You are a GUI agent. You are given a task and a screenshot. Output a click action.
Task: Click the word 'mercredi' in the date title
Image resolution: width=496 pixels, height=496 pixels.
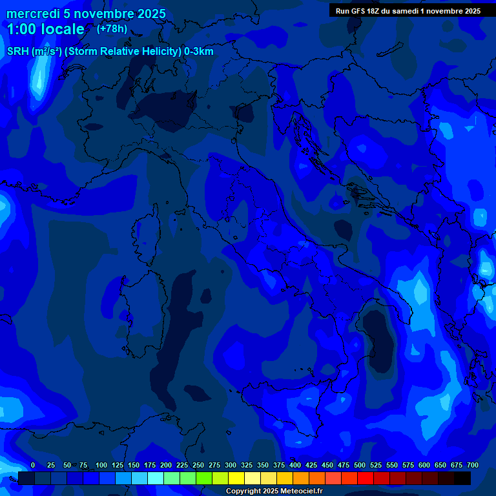coord(32,14)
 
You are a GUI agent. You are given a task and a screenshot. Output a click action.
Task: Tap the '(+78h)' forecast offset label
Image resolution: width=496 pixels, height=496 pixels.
coord(112,28)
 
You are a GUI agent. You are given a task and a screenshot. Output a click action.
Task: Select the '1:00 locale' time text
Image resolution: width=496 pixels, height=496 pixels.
coord(46,29)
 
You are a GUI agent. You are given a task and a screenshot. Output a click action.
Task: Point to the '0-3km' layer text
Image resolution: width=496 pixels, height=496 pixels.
coord(198,52)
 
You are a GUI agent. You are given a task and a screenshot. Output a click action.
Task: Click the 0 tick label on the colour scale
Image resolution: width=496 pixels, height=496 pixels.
coord(33,465)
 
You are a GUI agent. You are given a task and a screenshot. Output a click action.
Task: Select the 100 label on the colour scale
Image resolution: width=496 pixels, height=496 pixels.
coord(101,465)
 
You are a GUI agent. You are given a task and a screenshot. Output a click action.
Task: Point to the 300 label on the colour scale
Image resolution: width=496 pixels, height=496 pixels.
coord(231,465)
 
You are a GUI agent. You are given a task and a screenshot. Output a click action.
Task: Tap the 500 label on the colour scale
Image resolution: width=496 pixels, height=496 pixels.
coord(360,465)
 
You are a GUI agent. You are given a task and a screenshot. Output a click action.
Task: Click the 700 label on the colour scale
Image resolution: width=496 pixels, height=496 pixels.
coord(473,465)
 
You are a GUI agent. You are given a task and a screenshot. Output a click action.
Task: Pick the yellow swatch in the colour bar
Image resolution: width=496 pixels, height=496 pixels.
coord(236,478)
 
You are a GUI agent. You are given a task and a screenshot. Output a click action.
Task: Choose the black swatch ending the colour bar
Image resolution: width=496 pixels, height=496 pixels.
coord(462,478)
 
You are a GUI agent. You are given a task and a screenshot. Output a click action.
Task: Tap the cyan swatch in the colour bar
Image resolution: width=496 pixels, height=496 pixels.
coord(156,478)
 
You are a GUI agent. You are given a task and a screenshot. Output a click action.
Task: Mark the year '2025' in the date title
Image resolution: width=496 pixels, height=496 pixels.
coord(147,14)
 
